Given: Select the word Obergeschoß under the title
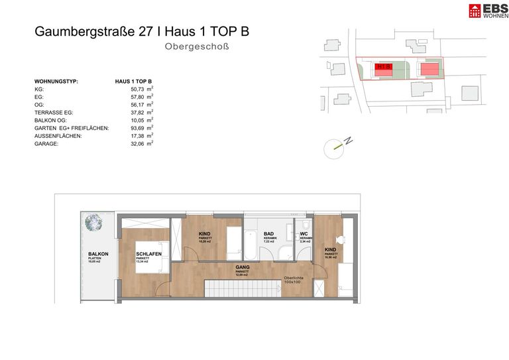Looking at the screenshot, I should click(x=198, y=47).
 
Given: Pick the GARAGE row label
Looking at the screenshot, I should click(x=46, y=143).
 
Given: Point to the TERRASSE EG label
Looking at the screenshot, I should click(x=54, y=112).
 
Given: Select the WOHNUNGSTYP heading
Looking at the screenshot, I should click(x=56, y=81).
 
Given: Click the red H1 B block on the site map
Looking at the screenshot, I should click(x=383, y=68).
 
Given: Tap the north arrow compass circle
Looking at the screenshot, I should click(x=334, y=149).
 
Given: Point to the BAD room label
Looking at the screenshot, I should click(x=268, y=234).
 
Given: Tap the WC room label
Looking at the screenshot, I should click(x=304, y=234).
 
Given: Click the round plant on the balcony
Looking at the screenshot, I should click(x=95, y=223).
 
